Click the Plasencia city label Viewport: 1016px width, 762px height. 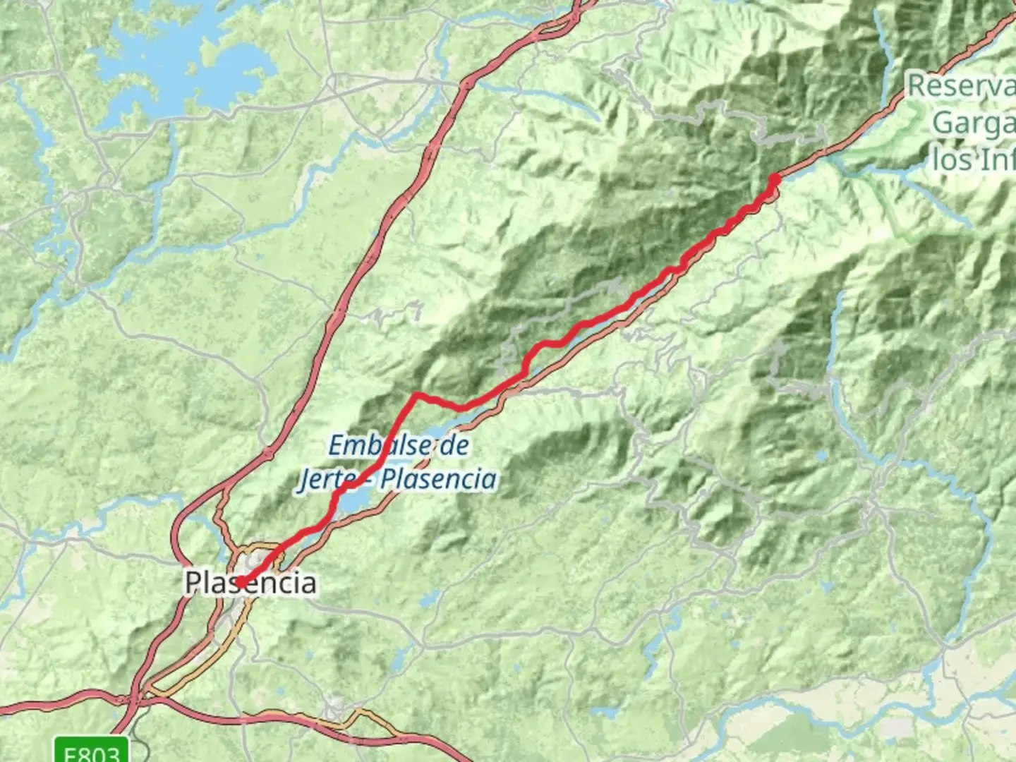click(x=250, y=583)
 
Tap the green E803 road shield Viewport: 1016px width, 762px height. click(x=92, y=751)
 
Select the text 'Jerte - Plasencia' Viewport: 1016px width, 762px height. click(x=397, y=479)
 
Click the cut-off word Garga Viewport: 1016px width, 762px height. click(x=974, y=123)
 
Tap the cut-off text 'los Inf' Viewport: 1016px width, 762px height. click(x=974, y=159)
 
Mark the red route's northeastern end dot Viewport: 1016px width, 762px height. click(x=774, y=179)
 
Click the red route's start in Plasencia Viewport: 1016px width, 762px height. click(x=241, y=581)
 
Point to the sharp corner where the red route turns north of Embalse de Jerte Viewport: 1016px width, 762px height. click(x=417, y=394)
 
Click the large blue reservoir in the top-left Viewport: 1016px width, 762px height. click(x=176, y=64)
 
